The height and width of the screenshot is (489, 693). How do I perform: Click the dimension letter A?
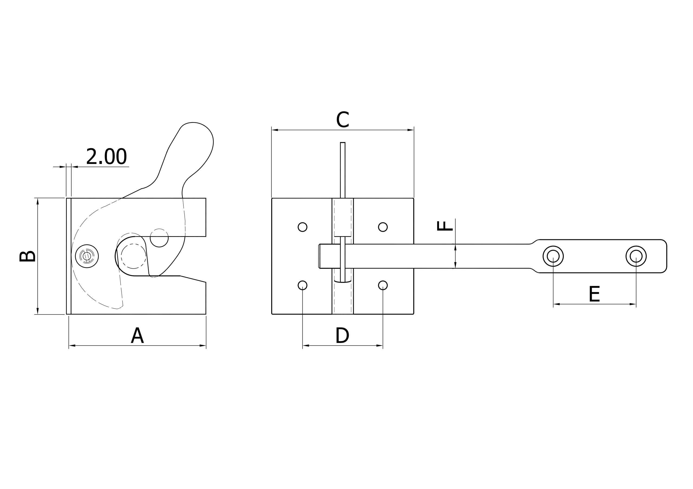pyautogui.click(x=137, y=335)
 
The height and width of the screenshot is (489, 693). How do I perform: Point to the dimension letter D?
pyautogui.click(x=342, y=335)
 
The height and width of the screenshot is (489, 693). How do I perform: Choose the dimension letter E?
pyautogui.click(x=594, y=294)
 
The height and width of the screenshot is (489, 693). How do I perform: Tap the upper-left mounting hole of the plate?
pyautogui.click(x=302, y=227)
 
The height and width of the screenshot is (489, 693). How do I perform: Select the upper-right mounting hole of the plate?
pyautogui.click(x=383, y=227)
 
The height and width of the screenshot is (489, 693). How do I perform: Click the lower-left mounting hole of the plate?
pyautogui.click(x=302, y=285)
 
